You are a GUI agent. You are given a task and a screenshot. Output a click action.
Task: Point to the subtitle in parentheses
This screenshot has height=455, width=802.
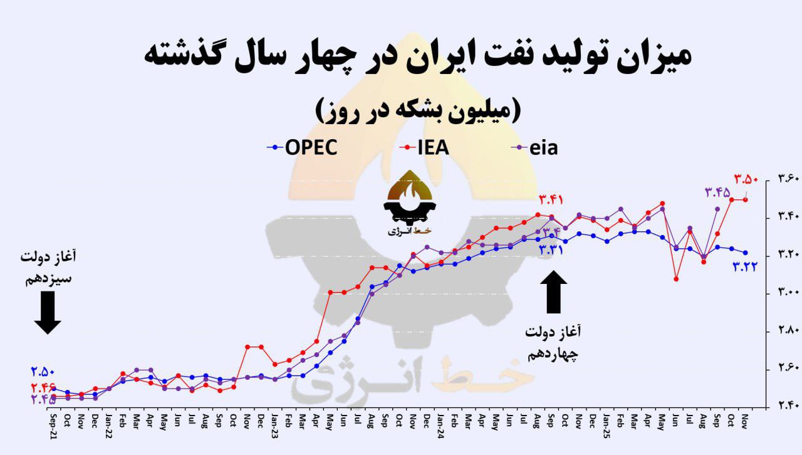(416, 110)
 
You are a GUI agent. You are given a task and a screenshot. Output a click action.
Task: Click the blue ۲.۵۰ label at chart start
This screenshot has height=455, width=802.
(43, 370)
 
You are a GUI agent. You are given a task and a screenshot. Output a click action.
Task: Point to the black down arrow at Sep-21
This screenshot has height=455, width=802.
(48, 313)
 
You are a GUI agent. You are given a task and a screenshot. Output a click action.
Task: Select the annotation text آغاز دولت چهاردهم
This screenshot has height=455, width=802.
(552, 342)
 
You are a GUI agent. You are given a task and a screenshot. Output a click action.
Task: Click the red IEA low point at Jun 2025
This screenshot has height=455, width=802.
(676, 279)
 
